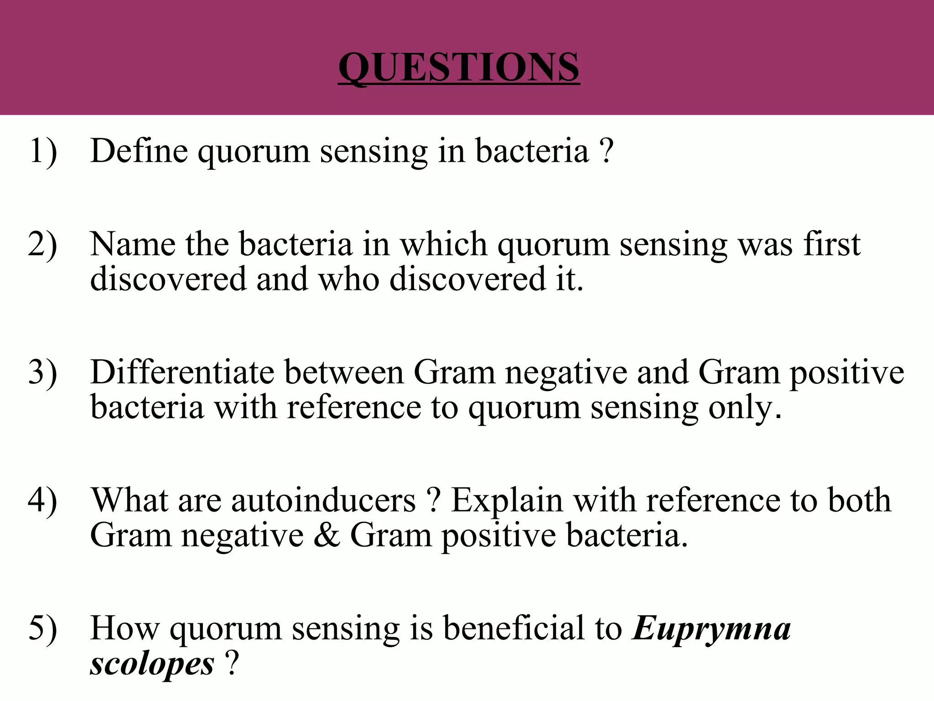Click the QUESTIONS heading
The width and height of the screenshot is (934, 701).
(459, 67)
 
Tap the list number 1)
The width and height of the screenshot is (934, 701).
(43, 151)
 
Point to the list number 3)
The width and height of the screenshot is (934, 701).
(43, 372)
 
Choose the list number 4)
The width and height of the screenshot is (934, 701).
(43, 500)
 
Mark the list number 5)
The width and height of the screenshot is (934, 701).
(43, 628)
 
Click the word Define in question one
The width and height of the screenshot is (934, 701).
(139, 151)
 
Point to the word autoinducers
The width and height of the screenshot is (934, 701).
(323, 500)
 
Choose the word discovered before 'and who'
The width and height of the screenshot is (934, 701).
(168, 279)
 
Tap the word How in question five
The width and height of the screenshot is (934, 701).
(125, 628)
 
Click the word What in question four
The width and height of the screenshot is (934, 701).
(130, 500)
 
